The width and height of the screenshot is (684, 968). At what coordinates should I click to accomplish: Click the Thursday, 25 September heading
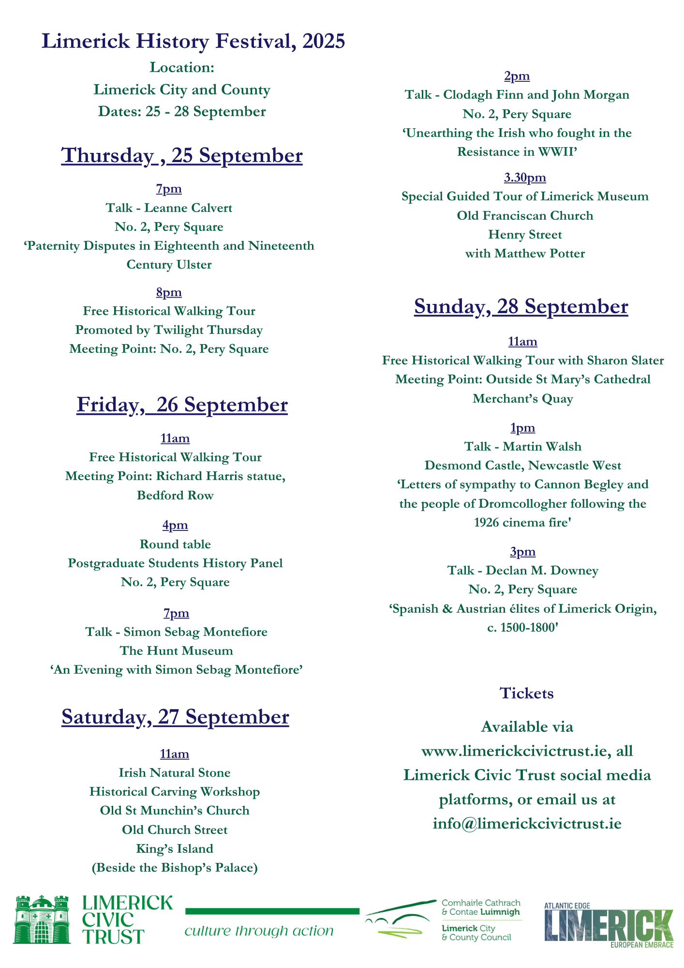(182, 156)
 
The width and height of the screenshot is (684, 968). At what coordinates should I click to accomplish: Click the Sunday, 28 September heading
(521, 307)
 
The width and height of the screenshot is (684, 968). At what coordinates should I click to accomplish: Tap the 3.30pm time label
(525, 178)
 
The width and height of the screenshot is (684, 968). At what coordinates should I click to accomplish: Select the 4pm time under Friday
(175, 525)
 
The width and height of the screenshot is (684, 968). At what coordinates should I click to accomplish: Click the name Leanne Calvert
(188, 208)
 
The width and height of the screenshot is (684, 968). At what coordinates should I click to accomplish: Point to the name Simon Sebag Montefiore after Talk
(195, 632)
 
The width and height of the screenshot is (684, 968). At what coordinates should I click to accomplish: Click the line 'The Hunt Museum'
(176, 651)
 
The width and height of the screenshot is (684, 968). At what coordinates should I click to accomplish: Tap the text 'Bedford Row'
(175, 496)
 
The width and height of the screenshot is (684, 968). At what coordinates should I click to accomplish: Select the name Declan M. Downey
(542, 571)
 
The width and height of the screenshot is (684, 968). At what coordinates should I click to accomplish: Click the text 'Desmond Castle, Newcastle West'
(523, 466)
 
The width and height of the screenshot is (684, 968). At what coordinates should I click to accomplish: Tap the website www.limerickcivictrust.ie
(514, 751)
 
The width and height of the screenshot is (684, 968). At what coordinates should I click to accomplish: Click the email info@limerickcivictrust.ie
(527, 824)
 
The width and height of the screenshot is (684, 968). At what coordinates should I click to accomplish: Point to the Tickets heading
(526, 694)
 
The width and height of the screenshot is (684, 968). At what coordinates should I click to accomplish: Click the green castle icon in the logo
(42, 919)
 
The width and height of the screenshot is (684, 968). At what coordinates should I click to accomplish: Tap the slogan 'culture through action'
(259, 931)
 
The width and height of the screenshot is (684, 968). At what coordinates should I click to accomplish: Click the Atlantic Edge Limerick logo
(609, 925)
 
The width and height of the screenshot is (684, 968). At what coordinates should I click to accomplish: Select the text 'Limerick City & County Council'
(476, 933)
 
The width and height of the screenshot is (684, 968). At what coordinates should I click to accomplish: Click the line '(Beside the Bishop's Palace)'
(175, 868)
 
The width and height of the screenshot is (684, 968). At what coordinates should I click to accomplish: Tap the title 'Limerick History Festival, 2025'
(193, 41)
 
